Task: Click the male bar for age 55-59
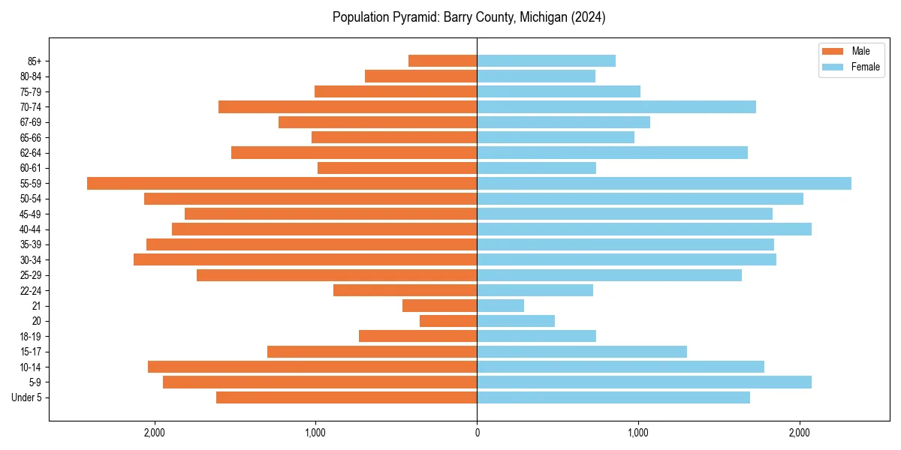coord(282,183)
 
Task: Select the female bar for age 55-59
coord(664,183)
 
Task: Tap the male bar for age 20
coord(448,321)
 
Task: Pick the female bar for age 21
coord(500,305)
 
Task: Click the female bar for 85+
coord(546,61)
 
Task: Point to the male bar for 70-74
coord(348,106)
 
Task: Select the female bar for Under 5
coord(613,397)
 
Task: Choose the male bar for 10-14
coord(312,367)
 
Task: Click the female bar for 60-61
coord(536,168)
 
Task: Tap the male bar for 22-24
coord(405,290)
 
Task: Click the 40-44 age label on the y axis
coord(31,229)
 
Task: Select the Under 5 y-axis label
coord(27,397)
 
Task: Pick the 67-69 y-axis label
coord(31,122)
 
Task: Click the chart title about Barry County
coord(469,17)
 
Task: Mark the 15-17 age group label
coord(31,352)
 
